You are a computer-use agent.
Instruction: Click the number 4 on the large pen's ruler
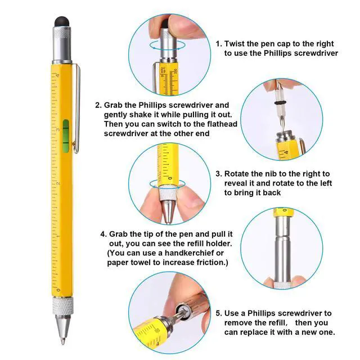pyautogui.click(x=58, y=76)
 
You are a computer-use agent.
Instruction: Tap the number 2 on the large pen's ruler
pyautogui.click(x=58, y=183)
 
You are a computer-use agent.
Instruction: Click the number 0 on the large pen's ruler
pyautogui.click(x=58, y=289)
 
